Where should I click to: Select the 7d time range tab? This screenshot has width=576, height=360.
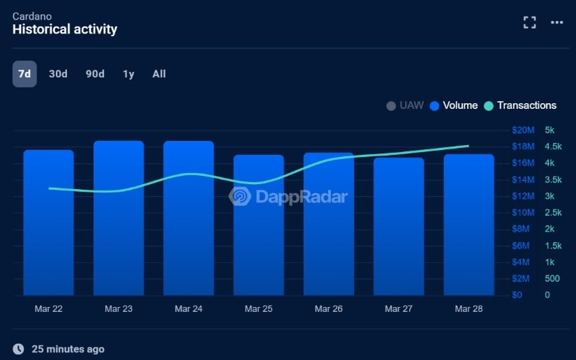coord(24,74)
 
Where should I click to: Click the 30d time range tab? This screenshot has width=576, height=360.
coord(58,74)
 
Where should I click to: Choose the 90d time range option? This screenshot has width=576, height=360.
coord(95,74)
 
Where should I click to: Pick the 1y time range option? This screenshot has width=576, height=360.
coord(128,74)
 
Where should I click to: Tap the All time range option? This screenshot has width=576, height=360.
coord(159,74)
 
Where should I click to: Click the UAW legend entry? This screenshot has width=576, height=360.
coord(405,105)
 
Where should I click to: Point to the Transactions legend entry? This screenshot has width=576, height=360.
coord(520,105)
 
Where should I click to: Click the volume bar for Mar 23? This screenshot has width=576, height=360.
coord(119,223)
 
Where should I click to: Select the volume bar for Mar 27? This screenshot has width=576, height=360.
coord(399,230)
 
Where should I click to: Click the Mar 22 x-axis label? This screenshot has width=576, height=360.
coord(48,308)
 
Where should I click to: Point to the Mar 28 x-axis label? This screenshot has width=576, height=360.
coord(468,308)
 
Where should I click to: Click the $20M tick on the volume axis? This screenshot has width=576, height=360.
coord(523,130)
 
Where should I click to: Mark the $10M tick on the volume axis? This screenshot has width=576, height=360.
coord(523,212)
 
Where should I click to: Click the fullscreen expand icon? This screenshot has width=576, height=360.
coord(530,22)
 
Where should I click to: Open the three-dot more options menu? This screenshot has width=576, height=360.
coord(556,22)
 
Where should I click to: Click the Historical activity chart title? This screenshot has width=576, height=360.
coord(65,29)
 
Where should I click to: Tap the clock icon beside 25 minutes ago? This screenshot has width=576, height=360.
coord(19,348)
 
